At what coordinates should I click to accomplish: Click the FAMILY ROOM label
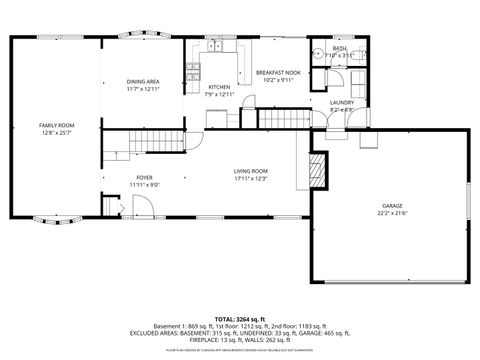click(x=57, y=125)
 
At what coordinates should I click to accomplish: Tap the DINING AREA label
click(x=143, y=81)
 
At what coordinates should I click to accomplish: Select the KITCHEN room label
click(x=219, y=87)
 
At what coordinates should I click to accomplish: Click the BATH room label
click(x=340, y=48)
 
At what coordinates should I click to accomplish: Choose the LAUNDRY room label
click(x=342, y=102)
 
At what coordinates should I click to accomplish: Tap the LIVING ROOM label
click(x=252, y=171)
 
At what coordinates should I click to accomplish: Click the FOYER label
click(x=145, y=177)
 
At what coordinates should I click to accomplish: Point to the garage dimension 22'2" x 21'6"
click(x=392, y=214)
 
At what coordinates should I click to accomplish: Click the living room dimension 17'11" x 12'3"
click(x=252, y=179)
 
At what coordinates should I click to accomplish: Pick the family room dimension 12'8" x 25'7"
click(x=57, y=132)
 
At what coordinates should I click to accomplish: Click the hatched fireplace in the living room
click(x=318, y=169)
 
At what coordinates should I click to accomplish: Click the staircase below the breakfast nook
click(x=285, y=120)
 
